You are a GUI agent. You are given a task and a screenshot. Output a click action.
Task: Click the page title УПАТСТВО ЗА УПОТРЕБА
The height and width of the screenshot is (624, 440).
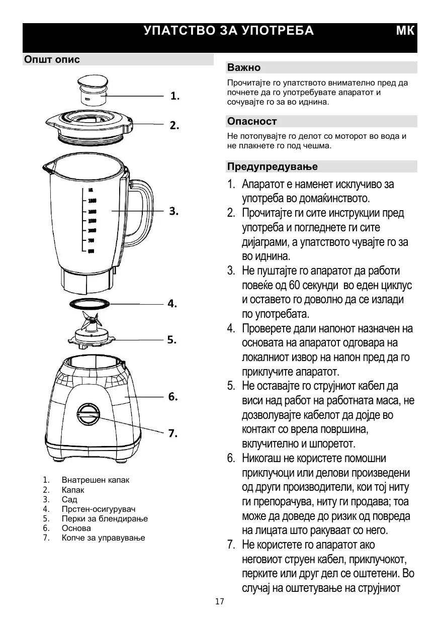coord(228,31)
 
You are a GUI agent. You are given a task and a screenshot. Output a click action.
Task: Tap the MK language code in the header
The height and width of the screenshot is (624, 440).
coord(405,31)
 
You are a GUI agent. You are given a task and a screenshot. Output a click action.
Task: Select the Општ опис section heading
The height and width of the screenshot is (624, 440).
coord(52,60)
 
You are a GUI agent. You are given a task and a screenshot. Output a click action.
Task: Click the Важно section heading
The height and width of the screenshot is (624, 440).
coord(244,67)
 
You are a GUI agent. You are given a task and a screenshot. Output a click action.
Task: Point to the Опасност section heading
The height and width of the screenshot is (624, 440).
coord(252,121)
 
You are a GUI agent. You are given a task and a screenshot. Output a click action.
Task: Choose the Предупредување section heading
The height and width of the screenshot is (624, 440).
coord(272,166)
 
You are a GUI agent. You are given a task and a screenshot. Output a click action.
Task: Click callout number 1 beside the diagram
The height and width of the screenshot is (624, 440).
coord(174,96)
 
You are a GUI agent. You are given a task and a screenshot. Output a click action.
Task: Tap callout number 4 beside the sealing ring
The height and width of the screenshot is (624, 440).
coord(172,304)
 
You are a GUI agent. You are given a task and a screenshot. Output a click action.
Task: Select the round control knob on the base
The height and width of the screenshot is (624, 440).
coord(89,415)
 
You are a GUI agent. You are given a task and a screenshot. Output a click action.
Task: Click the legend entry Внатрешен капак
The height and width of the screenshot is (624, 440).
coord(95,480)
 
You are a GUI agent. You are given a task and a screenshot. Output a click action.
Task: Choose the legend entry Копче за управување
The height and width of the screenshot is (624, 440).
coord(103,538)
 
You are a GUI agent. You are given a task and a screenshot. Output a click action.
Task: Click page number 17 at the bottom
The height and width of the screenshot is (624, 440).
coord(219,602)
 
